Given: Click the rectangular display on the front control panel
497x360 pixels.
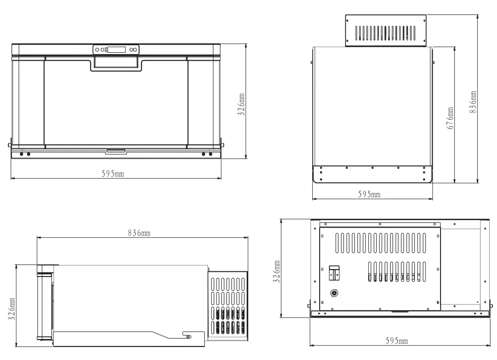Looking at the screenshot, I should point(117,49).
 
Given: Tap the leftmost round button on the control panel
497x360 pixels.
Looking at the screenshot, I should point(97,49).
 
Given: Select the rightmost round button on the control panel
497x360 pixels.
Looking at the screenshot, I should point(136,49).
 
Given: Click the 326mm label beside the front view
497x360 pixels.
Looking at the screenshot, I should point(240,104).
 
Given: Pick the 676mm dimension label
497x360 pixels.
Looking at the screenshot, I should point(450,119).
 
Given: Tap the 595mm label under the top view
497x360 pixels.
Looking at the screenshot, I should point(369,194).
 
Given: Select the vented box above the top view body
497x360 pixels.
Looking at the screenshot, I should point(385,31).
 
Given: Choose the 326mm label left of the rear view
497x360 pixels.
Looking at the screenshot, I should point(276,272).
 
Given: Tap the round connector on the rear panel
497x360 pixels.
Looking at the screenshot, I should point(334,293).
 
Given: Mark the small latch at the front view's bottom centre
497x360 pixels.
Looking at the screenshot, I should point(116,151).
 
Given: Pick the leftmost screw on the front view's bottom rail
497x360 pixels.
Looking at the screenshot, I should point(21,154).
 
